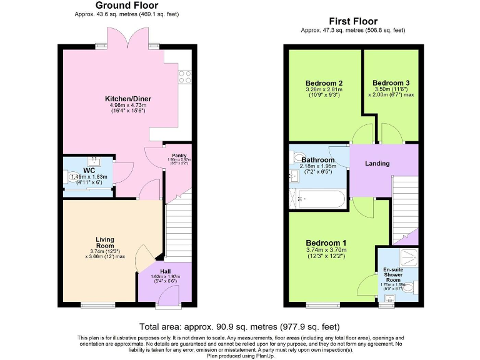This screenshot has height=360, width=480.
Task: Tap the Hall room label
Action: tap(165, 271)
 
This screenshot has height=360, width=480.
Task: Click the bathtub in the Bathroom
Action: tap(319, 200)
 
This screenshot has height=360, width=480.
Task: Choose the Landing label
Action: tap(377, 164)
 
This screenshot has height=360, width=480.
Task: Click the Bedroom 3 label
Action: tap(391, 83)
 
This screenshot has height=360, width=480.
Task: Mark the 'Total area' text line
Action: tap(239, 326)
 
